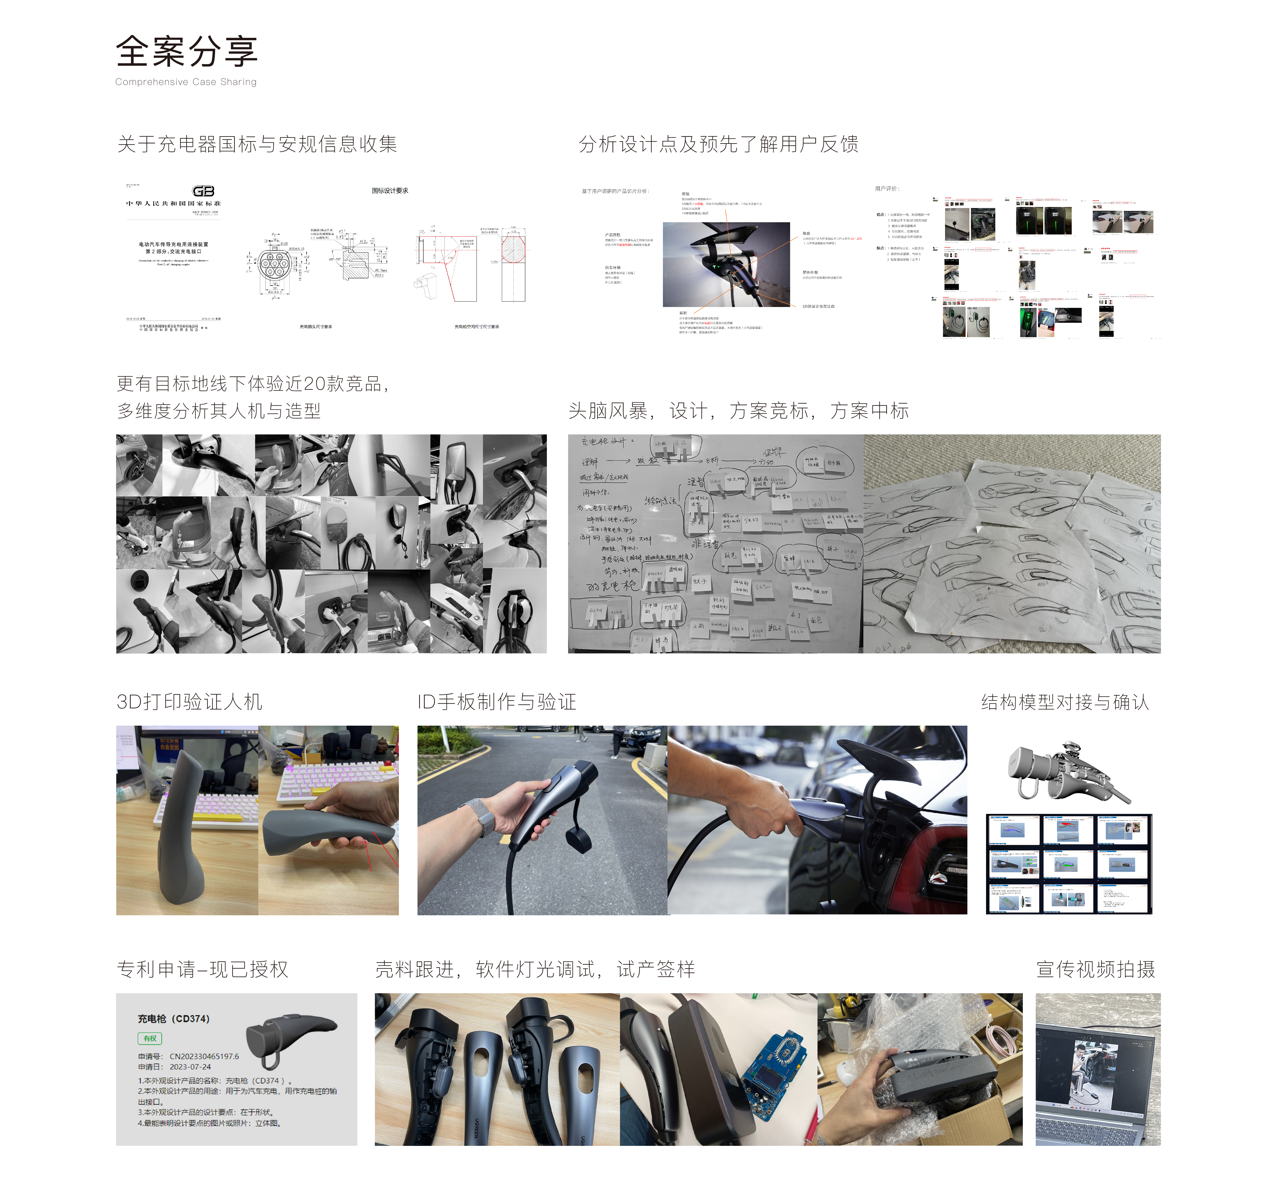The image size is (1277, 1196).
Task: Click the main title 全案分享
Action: (186, 51)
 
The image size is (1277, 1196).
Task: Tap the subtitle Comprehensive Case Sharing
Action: (186, 82)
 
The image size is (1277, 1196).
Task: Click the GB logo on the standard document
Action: (203, 191)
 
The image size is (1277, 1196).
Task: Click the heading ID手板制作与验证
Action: (497, 701)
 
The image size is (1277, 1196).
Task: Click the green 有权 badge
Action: (150, 1038)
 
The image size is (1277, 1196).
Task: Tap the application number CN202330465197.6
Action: (204, 1056)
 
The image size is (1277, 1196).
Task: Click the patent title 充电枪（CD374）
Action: (173, 1019)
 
